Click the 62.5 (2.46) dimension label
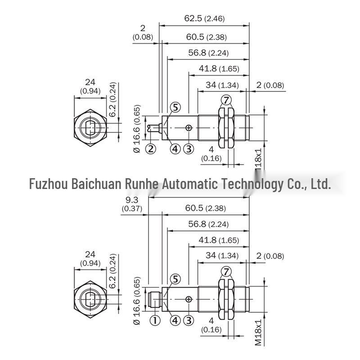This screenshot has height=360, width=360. pos(204,18)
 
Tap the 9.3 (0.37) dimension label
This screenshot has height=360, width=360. pos(132,204)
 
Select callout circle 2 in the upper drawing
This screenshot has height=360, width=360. pos(151,149)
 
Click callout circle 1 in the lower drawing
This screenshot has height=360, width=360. pos(155,320)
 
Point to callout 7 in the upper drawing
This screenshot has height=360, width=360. pos(226,100)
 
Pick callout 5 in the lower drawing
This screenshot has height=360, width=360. pos(175,279)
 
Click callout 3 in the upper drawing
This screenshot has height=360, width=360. pos(189,149)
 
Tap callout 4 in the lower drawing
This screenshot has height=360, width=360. pos(175,320)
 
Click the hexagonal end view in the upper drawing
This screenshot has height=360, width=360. pos(90,128)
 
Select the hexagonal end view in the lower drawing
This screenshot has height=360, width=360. pos(90,299)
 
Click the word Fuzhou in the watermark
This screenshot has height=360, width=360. pos(49,184)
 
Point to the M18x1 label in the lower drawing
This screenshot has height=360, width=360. pos(258,332)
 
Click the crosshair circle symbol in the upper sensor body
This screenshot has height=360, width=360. pos(189,128)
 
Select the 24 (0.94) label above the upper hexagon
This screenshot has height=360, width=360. pos(90,86)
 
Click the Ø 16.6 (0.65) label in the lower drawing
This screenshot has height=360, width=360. pos(137,301)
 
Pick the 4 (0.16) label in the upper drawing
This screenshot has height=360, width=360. pos(211,154)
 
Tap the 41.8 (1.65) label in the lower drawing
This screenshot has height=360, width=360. pos(219,240)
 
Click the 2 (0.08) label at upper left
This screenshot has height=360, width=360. pos(143,32)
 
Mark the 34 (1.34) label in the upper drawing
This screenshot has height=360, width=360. pos(222,85)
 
